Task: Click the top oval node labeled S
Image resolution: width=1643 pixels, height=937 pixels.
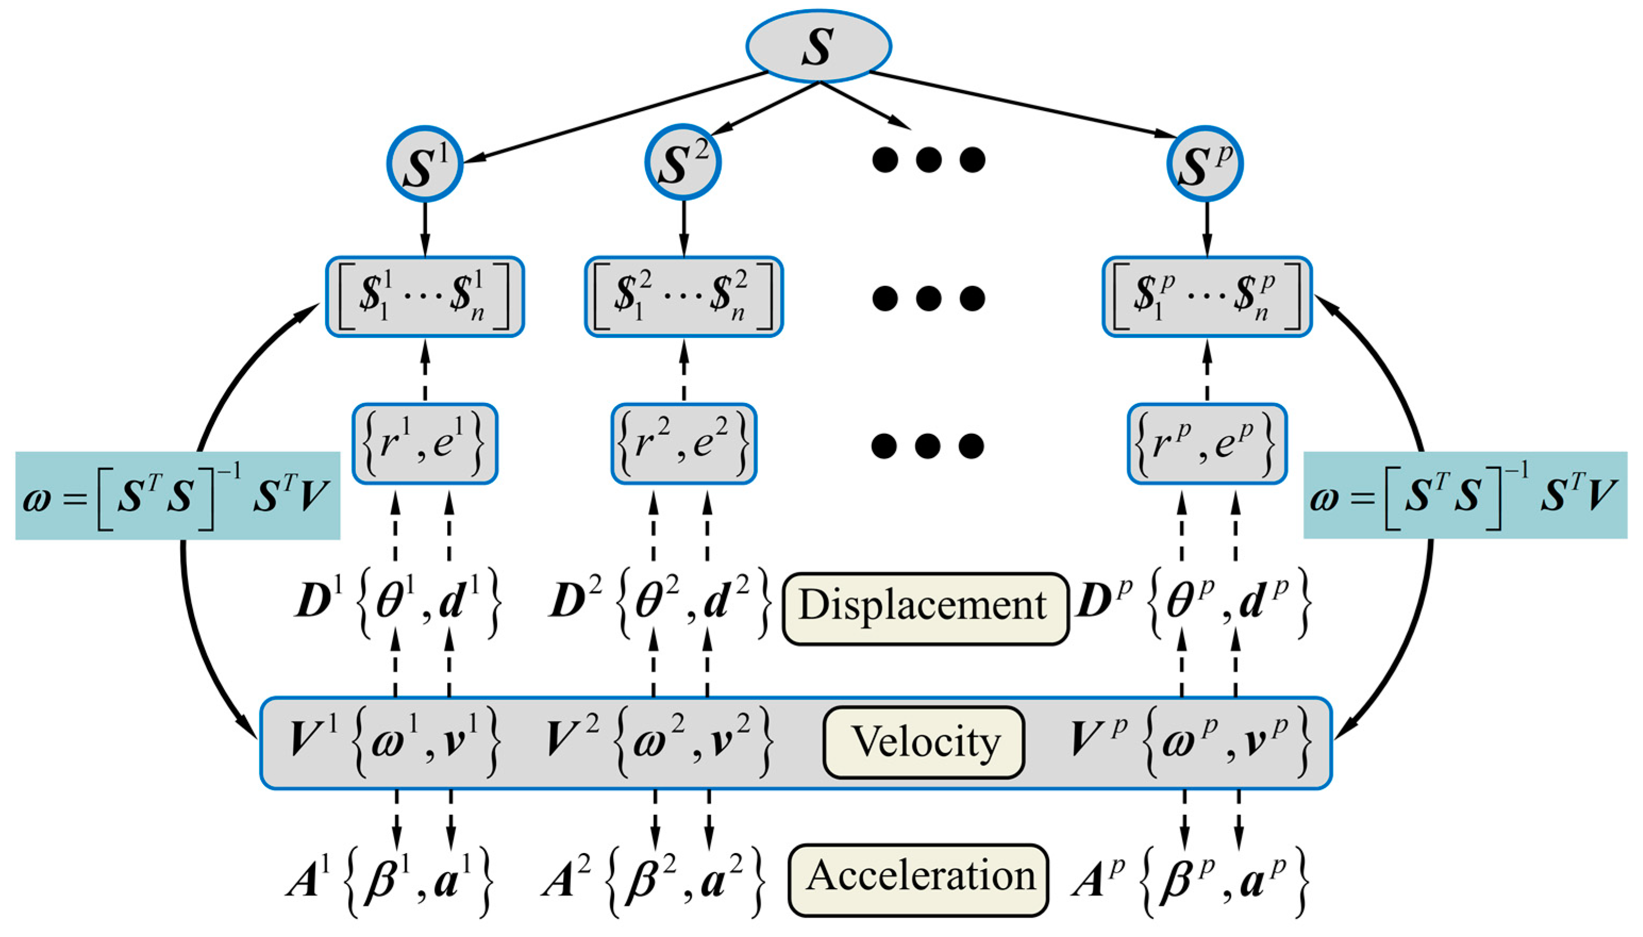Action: (818, 46)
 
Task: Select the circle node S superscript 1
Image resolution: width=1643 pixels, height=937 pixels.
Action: (425, 164)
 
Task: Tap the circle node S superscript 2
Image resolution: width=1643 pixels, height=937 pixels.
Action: (683, 162)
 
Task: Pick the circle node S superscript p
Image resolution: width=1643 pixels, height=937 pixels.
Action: (1204, 164)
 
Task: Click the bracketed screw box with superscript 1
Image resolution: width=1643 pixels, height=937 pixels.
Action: (425, 297)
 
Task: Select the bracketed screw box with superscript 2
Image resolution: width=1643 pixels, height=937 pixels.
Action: (684, 297)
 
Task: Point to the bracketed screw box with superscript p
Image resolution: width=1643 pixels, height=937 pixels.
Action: (1206, 297)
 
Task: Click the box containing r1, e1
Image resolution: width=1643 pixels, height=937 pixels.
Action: (425, 444)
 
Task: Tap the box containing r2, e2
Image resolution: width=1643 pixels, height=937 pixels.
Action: (684, 444)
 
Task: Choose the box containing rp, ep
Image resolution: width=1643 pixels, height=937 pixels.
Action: (1206, 444)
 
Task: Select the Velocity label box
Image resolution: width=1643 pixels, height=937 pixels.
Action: (923, 742)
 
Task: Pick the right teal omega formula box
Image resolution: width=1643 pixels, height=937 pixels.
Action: (1465, 495)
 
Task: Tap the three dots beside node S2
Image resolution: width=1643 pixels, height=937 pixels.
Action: (928, 159)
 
